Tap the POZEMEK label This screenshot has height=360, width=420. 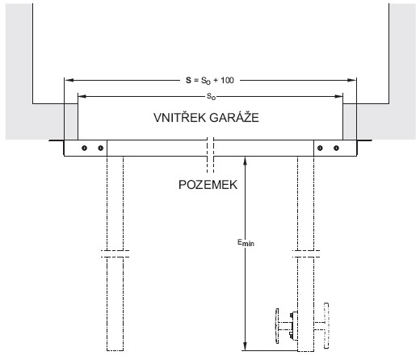click(208, 185)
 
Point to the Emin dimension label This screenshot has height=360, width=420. click(246, 243)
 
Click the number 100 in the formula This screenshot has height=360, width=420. click(227, 80)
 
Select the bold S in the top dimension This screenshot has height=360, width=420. click(188, 80)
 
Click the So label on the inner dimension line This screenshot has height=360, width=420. click(211, 97)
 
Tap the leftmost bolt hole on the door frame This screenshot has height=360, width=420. click(84, 148)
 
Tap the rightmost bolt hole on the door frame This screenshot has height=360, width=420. click(336, 148)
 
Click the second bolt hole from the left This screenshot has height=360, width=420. click(100, 148)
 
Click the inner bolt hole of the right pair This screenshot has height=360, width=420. click(320, 148)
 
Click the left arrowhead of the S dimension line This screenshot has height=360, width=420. click(69, 80)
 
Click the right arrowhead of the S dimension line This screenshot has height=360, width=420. click(352, 80)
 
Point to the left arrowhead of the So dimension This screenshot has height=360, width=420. click(82, 96)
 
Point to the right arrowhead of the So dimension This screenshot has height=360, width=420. click(338, 96)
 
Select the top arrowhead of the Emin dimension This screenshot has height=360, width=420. click(245, 161)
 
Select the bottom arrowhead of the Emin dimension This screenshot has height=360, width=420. click(245, 346)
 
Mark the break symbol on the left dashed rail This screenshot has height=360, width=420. click(115, 253)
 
